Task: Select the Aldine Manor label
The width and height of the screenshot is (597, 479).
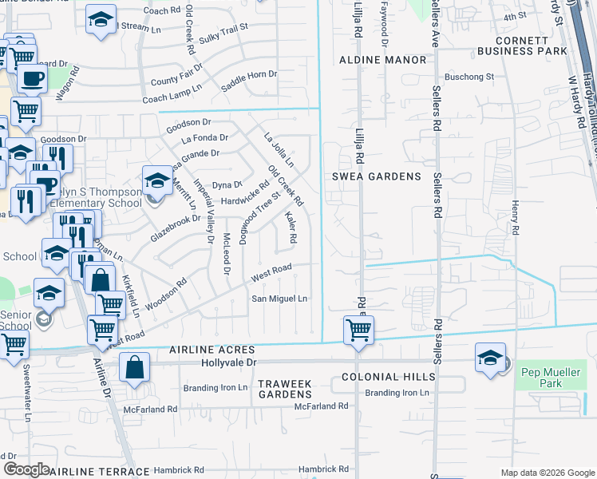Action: (382, 60)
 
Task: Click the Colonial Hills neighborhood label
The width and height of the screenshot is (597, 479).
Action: (388, 377)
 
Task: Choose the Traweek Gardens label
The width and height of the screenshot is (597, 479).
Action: (285, 390)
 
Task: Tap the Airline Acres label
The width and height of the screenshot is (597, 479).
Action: (212, 350)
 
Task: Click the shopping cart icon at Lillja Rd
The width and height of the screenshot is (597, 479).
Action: (358, 328)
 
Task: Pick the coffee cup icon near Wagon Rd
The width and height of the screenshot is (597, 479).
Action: (32, 78)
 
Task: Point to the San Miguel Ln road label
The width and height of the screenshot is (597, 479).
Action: (279, 299)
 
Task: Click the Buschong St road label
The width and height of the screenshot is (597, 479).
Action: (469, 77)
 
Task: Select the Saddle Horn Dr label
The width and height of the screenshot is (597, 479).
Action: (249, 80)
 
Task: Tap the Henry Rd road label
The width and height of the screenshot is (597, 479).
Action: (516, 217)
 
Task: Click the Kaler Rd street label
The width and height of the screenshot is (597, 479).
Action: (291, 228)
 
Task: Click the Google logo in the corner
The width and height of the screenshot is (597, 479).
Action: (26, 469)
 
